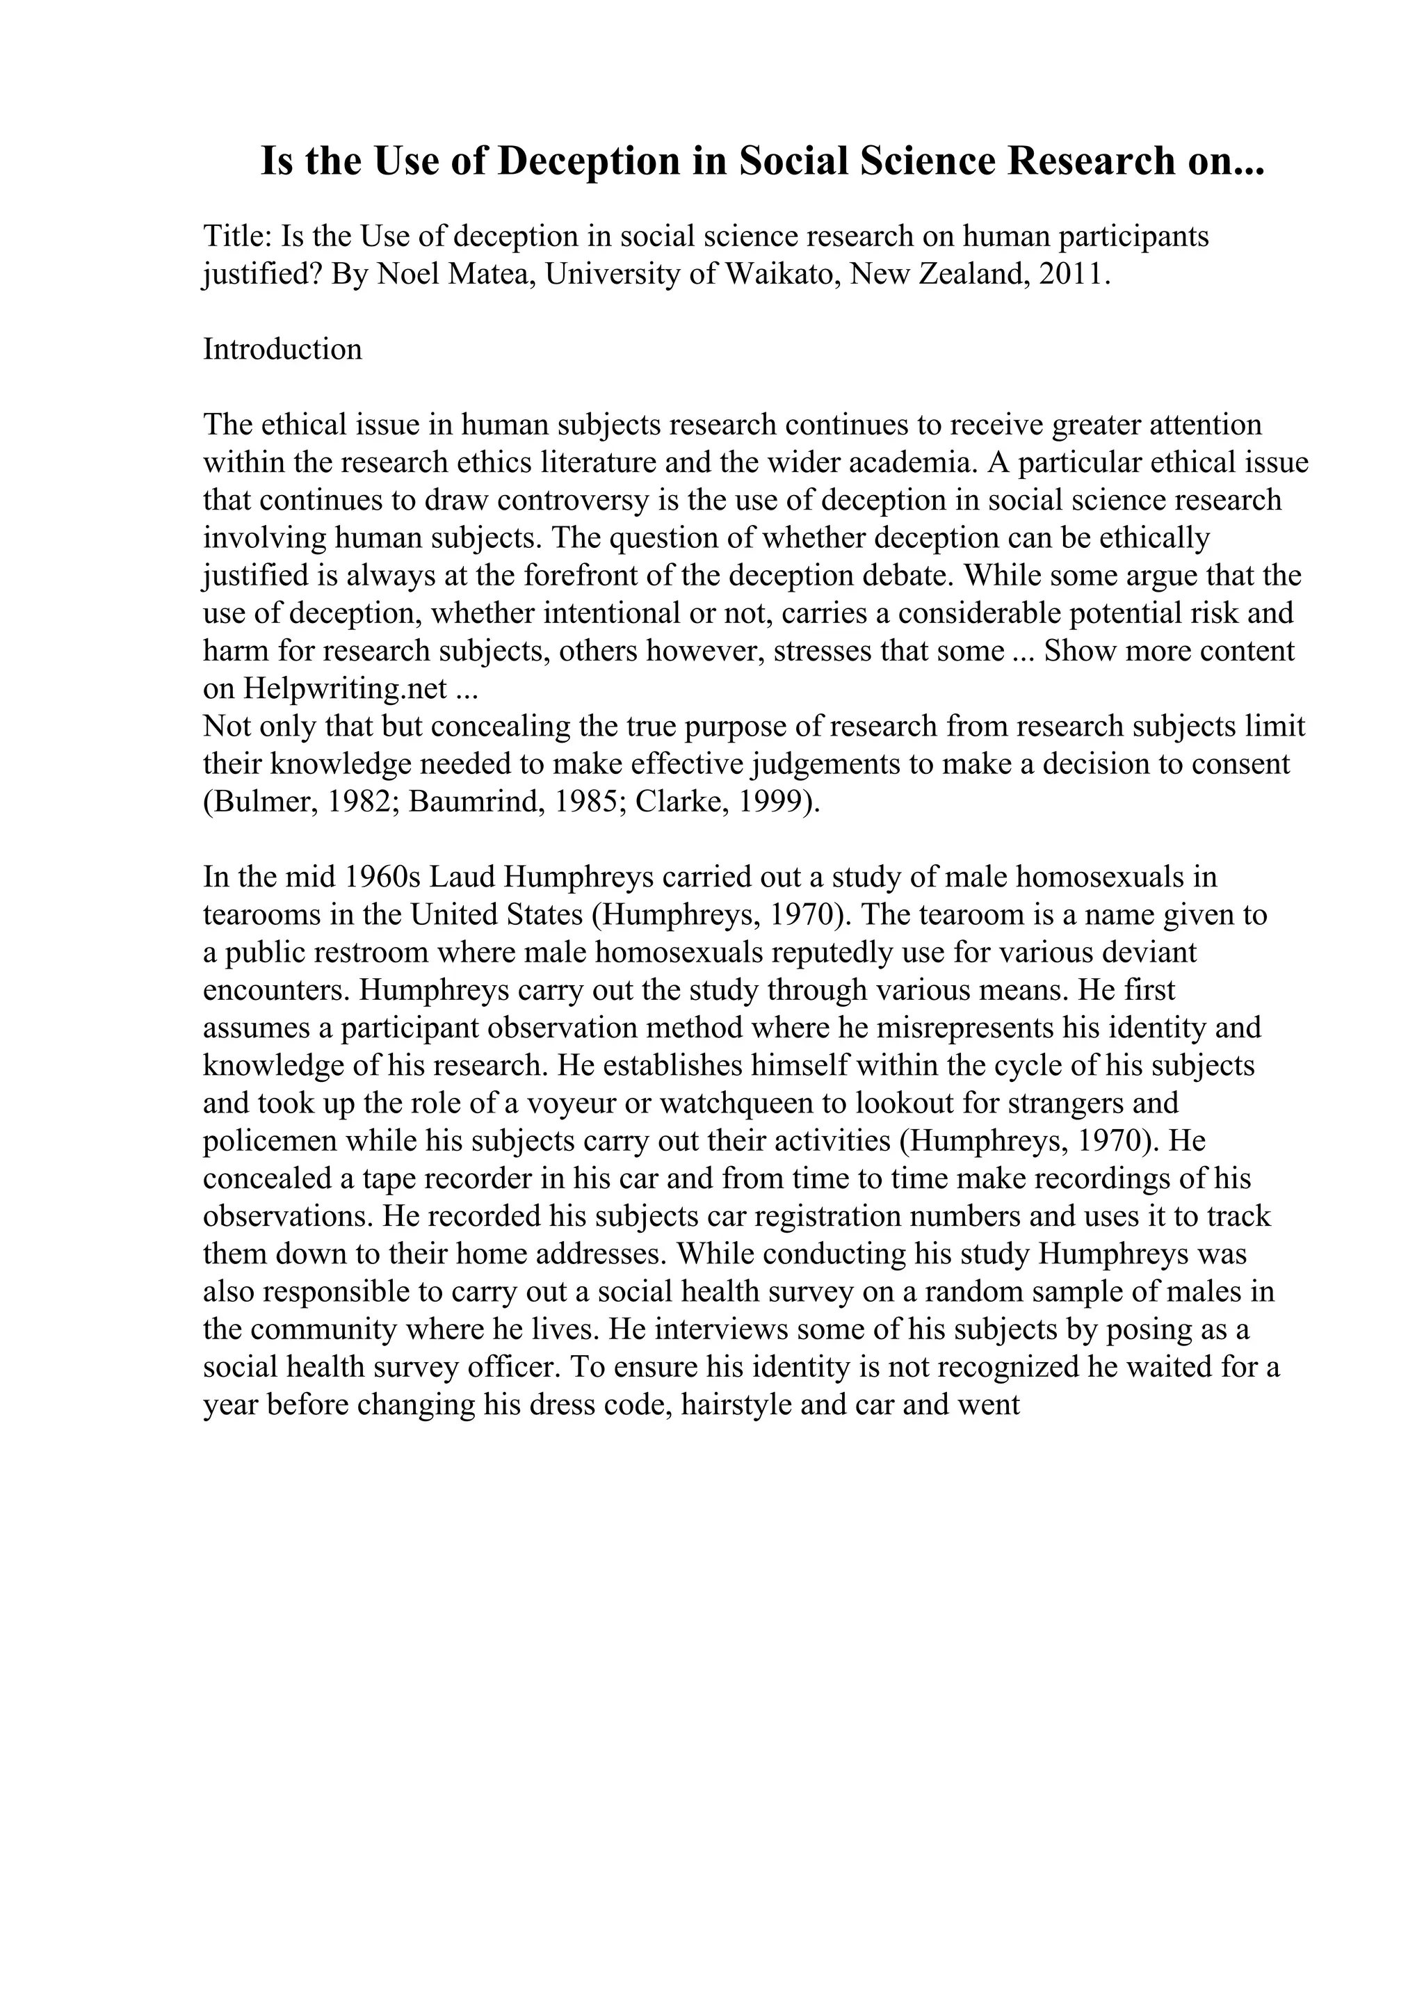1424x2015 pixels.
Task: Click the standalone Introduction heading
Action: point(282,349)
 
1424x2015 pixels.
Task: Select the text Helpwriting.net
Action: point(346,688)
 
